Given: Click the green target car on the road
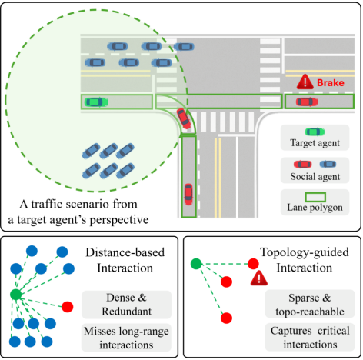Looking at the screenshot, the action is coord(96,102).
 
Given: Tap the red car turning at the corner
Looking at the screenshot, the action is coord(184,118).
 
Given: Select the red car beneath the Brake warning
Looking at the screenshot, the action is coord(307,102).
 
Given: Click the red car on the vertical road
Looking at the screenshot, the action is coord(188,194).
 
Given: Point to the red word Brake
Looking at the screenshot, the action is coord(331,83).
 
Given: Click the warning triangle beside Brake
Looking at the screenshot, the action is coord(305,82).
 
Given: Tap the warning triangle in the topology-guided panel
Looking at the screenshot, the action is coord(259,278).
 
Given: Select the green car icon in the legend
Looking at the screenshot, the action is coord(315,132).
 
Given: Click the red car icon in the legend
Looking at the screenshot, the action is coord(303,164).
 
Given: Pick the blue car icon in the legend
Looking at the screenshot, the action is coord(328,164).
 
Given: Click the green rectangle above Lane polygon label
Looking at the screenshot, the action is coord(315,197).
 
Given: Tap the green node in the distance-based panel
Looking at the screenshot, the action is coord(16,295).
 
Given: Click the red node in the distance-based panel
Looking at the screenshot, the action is coord(68,307).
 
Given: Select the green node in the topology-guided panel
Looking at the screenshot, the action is coord(196,264).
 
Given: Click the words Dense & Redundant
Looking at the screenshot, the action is coord(126,305).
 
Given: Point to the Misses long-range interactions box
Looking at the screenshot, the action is coord(126,338).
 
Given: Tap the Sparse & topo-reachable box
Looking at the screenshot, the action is coord(310,304).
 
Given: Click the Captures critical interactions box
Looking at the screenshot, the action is coord(310,337).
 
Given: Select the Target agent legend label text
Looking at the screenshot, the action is coord(315,143).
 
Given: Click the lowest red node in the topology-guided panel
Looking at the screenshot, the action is coord(226,318).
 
